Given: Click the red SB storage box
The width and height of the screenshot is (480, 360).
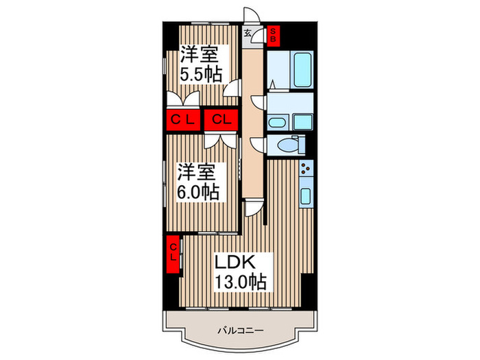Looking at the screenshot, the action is [x=273, y=35].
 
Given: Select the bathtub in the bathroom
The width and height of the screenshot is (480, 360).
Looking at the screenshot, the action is [x=303, y=70].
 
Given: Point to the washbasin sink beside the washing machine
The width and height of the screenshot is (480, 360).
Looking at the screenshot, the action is [x=277, y=123].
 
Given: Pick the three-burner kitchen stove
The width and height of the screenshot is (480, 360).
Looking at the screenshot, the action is [x=306, y=168].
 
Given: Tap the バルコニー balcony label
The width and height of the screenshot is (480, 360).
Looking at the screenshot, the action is [x=240, y=331].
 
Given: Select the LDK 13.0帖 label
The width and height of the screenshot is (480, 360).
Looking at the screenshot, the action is [x=240, y=272].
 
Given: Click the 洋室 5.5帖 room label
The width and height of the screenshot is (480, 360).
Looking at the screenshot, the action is [x=200, y=64].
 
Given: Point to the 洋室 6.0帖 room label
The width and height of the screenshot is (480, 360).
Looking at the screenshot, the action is [x=197, y=182].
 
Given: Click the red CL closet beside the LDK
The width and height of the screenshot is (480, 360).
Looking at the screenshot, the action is [x=173, y=254].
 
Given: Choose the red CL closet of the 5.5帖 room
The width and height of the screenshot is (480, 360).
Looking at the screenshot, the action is [x=183, y=120].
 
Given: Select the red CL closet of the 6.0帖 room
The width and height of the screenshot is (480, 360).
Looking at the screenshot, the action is [x=221, y=120].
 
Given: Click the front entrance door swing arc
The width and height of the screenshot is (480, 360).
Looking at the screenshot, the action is [x=252, y=14].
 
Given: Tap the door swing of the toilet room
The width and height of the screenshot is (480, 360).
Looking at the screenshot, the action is [x=257, y=144].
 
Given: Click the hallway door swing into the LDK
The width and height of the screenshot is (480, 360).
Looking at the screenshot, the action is [x=254, y=208].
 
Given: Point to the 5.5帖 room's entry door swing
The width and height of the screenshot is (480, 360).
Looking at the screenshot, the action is [x=231, y=88].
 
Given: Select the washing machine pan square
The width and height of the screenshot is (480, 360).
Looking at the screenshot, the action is [x=303, y=122].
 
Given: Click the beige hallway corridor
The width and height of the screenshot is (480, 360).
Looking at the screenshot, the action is [x=253, y=123].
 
